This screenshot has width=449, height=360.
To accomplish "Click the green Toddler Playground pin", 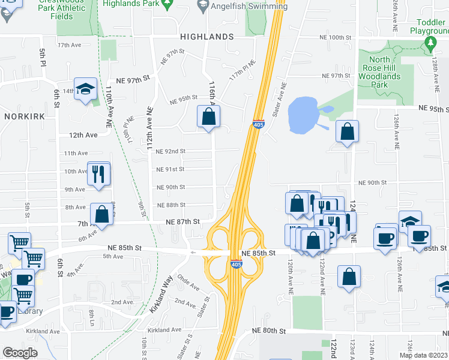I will (430, 43).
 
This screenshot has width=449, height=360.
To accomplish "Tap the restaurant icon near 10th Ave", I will (98, 174).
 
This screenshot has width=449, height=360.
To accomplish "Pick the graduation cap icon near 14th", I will (86, 89).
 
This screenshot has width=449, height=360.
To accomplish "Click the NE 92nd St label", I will (170, 151).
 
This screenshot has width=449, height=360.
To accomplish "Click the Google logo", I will (20, 353).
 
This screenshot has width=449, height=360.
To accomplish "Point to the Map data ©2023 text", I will (423, 355).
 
